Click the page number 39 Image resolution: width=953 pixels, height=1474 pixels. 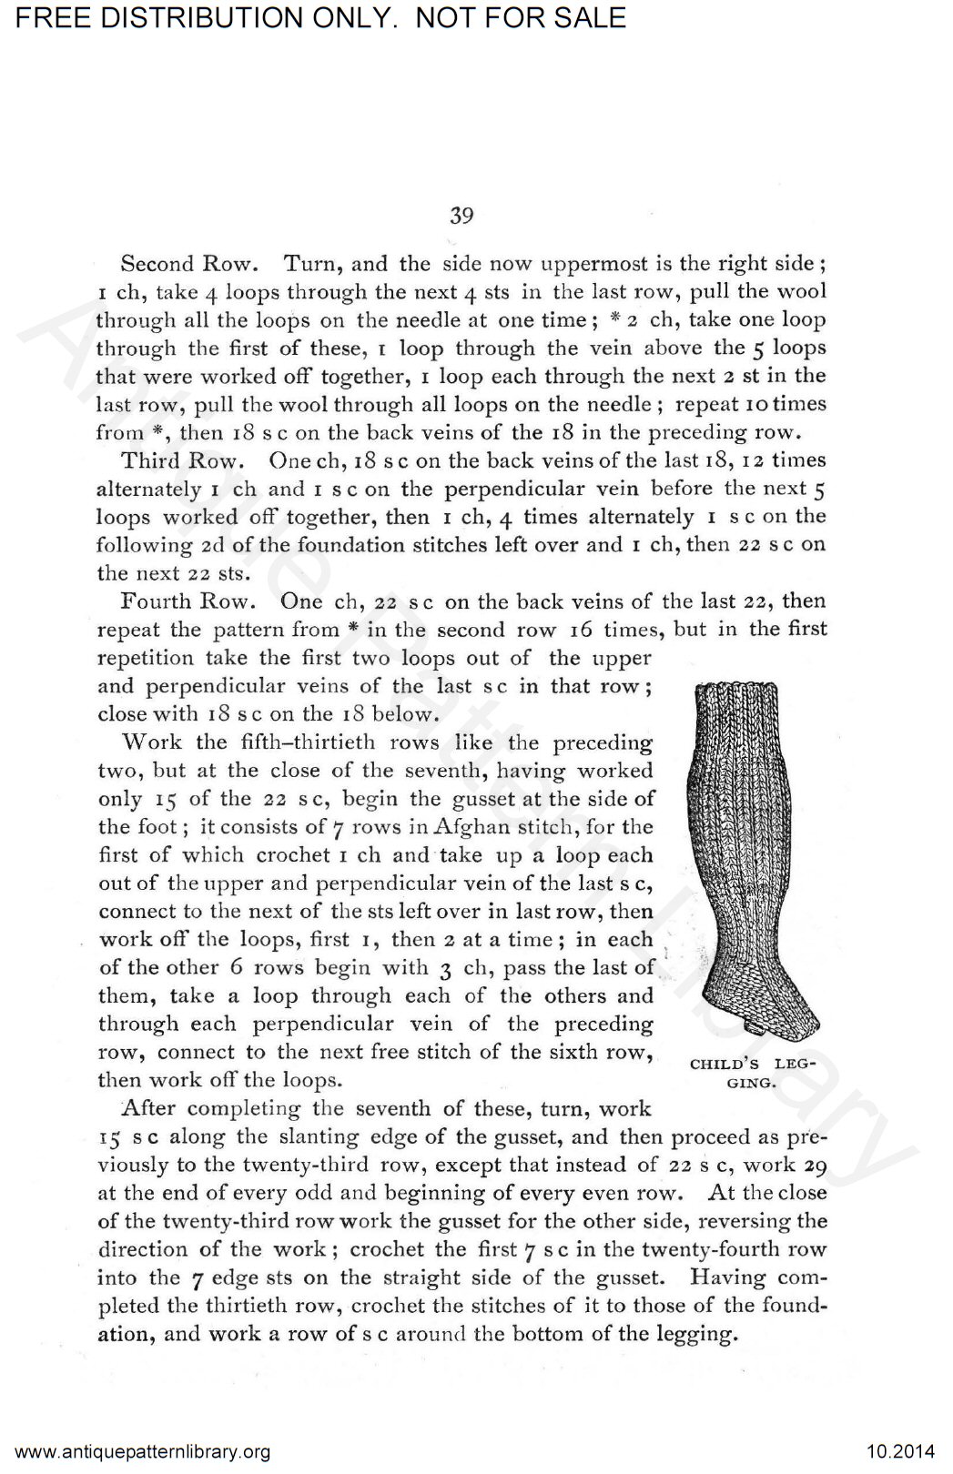coord(461,216)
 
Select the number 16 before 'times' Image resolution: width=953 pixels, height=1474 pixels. coord(582,629)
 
